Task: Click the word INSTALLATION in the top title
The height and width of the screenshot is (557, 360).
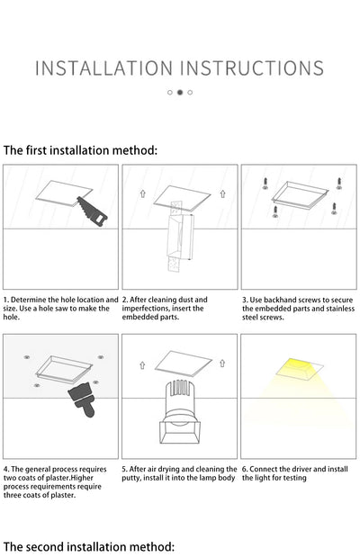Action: [103, 67]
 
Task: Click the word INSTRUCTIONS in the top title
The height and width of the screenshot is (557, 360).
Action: [253, 67]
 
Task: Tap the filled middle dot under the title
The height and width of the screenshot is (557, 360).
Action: [179, 92]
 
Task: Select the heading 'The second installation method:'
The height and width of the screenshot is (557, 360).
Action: [87, 545]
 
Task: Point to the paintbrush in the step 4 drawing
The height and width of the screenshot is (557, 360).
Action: [82, 409]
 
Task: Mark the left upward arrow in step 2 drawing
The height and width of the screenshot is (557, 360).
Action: [142, 193]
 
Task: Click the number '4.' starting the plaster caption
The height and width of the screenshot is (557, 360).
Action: [6, 469]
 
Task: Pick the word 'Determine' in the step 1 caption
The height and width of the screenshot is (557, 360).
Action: [28, 300]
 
